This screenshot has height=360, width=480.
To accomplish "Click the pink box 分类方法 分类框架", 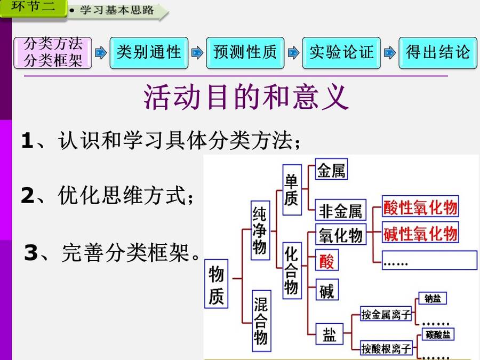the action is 53,53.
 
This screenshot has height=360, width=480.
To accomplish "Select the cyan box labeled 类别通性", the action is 149,53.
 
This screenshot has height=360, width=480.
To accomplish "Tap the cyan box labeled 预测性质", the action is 245,53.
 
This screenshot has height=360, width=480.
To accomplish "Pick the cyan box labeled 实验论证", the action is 341,53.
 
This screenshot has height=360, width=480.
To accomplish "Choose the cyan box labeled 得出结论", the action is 438,53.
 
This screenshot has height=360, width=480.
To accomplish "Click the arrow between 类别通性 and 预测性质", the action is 197,53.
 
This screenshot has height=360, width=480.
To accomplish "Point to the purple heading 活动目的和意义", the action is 246,97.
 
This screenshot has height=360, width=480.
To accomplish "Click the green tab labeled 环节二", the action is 33,7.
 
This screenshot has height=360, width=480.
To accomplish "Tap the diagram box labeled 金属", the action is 331,169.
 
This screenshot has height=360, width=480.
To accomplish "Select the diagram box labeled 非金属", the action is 340,210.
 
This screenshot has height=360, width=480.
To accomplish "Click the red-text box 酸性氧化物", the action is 420,206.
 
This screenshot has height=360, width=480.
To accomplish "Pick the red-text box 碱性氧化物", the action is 420,233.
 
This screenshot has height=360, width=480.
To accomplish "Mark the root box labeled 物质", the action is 216,284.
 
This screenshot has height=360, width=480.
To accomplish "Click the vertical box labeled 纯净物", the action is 260,230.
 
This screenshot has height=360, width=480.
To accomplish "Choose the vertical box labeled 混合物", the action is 261,321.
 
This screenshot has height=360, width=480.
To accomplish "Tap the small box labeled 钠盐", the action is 433,298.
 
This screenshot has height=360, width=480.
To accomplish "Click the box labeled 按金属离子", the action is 386,314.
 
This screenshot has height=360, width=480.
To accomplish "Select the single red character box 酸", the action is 327,260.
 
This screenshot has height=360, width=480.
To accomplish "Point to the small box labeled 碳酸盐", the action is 438,334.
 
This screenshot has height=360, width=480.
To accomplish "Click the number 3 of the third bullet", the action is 31,253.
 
